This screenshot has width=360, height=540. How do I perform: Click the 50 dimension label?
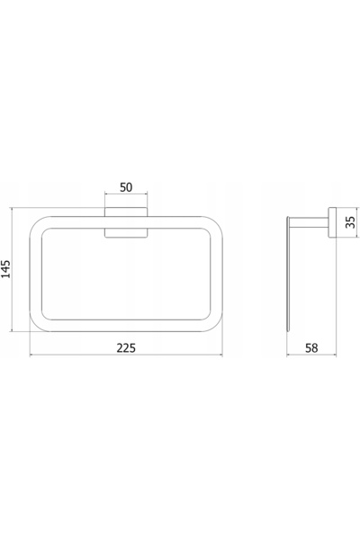coord(126,187)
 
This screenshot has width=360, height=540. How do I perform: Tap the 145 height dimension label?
coord(6,269)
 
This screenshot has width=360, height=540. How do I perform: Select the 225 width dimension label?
coord(126,348)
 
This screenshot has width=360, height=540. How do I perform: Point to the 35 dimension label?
coord(350,222)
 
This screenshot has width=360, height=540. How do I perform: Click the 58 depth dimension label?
coord(311,348)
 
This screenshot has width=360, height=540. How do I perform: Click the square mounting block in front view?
coord(126,222)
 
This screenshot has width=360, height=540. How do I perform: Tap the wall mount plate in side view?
coord(332,222)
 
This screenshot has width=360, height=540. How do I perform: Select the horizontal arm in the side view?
coord(309,222)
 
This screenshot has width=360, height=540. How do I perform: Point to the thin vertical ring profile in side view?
coord(288,274)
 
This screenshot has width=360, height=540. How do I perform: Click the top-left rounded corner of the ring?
coord(37,223)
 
